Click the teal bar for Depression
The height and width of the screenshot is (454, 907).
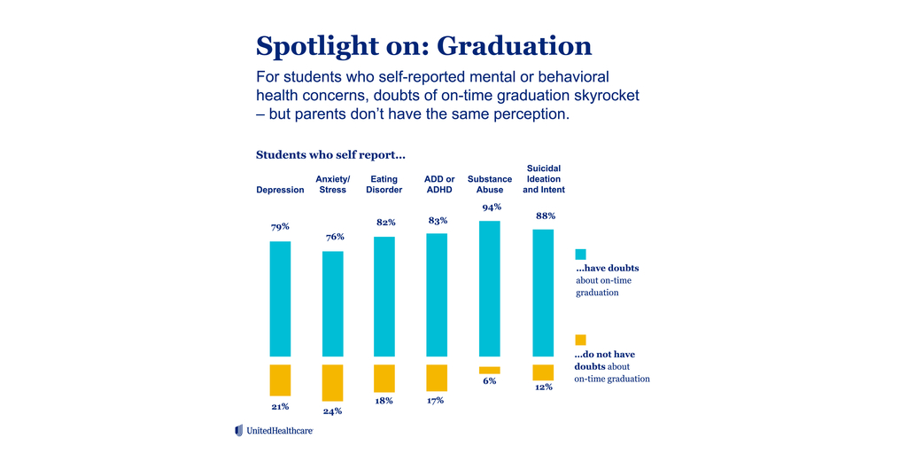(x=280, y=298)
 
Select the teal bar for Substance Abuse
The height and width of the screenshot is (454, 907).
(x=490, y=288)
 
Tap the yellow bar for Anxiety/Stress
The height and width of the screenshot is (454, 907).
(x=332, y=382)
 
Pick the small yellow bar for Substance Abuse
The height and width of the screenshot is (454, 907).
(x=490, y=370)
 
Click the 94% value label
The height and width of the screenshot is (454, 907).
(x=492, y=207)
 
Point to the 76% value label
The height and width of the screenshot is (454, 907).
(x=334, y=237)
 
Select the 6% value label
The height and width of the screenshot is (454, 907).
(x=490, y=381)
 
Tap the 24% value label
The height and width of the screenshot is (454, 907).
(x=332, y=411)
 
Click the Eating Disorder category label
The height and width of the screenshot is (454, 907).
(x=384, y=184)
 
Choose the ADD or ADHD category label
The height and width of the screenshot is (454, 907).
(x=439, y=184)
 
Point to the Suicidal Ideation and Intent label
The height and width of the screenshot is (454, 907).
(x=544, y=179)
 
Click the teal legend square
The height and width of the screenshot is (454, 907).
(x=580, y=254)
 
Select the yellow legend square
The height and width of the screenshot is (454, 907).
(x=580, y=340)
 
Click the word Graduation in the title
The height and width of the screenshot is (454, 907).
(x=515, y=45)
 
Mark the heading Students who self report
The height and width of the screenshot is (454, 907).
(x=330, y=154)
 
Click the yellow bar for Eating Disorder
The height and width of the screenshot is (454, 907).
(x=384, y=378)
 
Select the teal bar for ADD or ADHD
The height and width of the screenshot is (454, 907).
(x=437, y=294)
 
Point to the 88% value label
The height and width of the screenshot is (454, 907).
(x=545, y=215)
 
